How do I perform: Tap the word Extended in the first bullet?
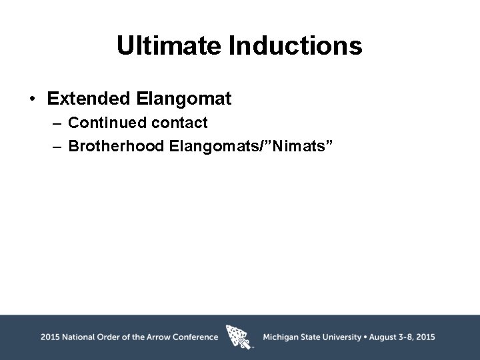(x=89, y=99)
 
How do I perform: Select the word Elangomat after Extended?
(x=183, y=99)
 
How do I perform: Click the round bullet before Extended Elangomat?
(x=32, y=100)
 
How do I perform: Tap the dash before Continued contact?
(x=57, y=123)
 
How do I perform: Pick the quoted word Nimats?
(x=295, y=145)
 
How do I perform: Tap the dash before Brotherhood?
(x=57, y=146)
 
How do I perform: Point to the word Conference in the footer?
(x=195, y=337)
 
